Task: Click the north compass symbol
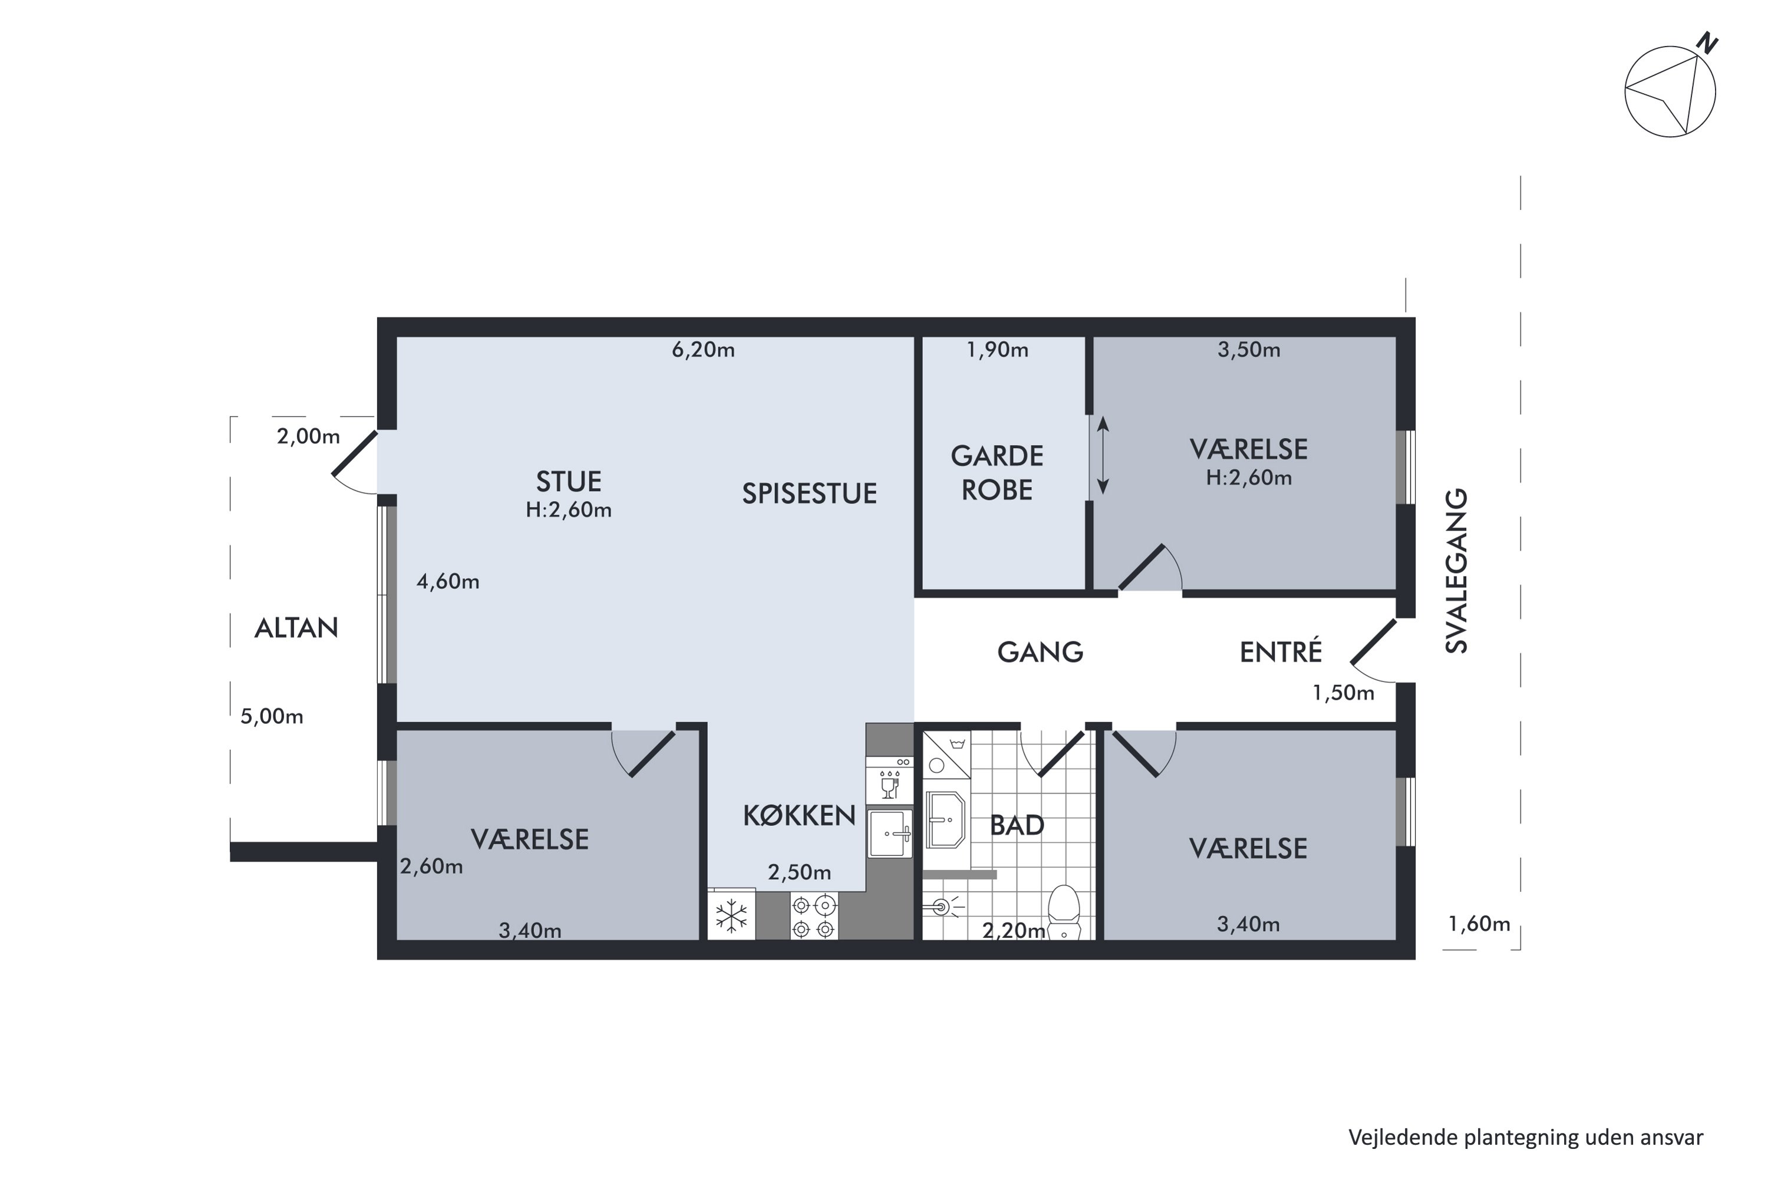coord(1671,89)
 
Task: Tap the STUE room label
coord(568,481)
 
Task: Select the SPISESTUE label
coord(809,493)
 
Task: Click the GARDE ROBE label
coord(997,472)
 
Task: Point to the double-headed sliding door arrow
coord(1103,456)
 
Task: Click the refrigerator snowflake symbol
coord(731,916)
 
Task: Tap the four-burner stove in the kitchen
coord(813,916)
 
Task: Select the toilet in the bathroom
coord(1063,911)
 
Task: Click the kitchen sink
coord(890,833)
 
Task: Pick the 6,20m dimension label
coord(703,350)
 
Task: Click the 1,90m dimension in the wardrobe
coord(997,350)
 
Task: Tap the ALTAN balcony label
coord(296,628)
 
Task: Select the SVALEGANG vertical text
coord(1457,571)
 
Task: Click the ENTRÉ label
coord(1280,651)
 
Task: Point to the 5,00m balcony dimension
coord(271,717)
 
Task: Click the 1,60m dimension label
coord(1479,924)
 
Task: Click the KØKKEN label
coord(799,815)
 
